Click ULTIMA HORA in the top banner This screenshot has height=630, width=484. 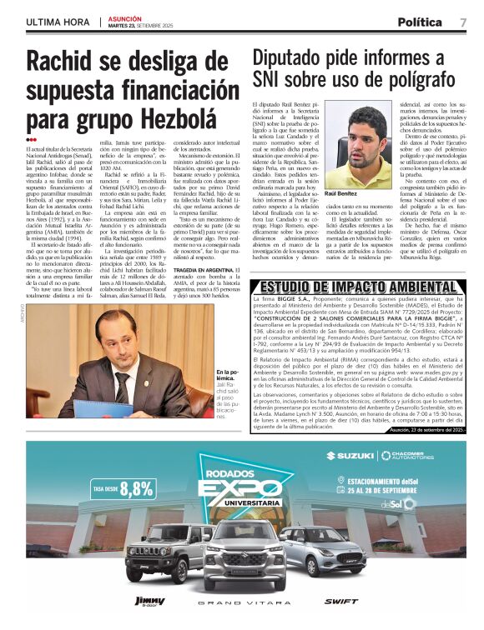(x=58, y=22)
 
